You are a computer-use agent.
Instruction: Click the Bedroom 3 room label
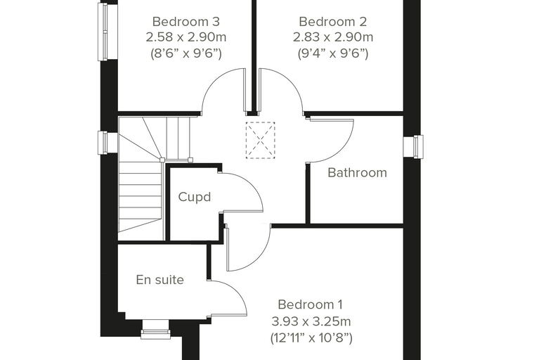click(x=186, y=22)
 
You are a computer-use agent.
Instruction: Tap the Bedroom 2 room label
click(x=333, y=22)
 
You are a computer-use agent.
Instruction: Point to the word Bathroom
click(x=357, y=172)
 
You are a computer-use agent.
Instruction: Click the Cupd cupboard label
click(x=195, y=197)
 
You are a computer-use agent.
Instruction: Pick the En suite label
click(x=160, y=280)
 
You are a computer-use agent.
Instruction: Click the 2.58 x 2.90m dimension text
click(x=186, y=37)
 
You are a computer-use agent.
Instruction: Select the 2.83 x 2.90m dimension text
click(x=333, y=37)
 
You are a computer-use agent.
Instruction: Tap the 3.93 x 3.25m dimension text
click(x=311, y=321)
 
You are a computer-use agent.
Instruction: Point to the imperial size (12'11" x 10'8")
click(x=311, y=337)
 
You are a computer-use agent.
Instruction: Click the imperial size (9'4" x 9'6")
click(x=333, y=53)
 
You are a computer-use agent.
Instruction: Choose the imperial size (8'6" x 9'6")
click(x=186, y=53)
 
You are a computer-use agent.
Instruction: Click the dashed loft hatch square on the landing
click(x=260, y=140)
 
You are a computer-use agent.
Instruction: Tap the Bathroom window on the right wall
click(x=413, y=146)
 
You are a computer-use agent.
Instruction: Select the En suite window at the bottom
click(x=156, y=329)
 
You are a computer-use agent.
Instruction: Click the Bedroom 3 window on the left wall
click(x=103, y=32)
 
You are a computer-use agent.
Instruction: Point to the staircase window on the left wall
click(x=103, y=143)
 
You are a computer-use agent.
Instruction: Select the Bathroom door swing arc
click(x=345, y=147)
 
